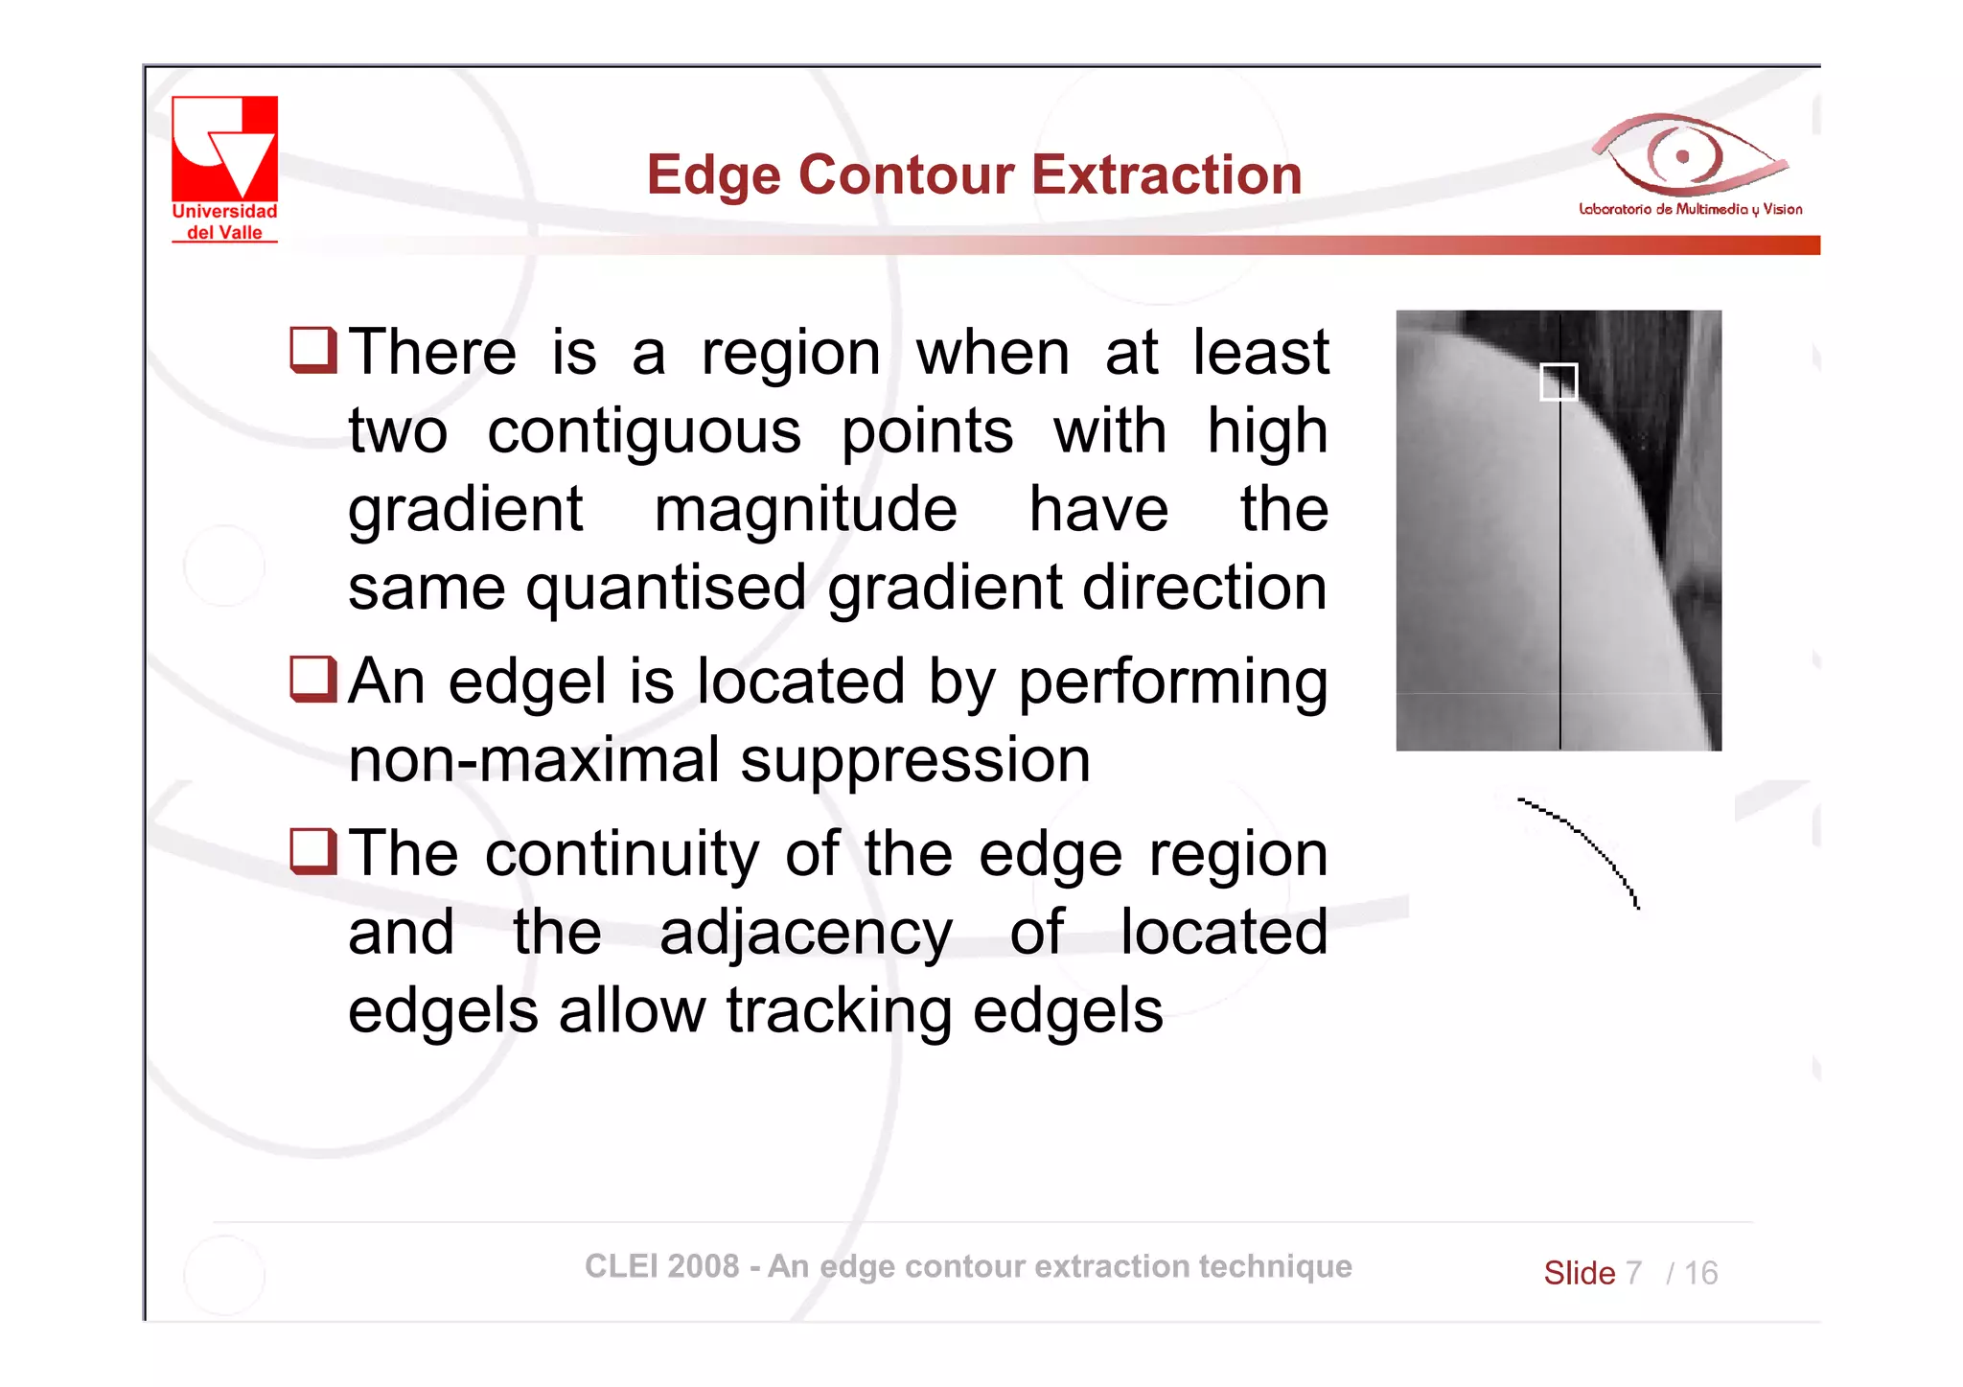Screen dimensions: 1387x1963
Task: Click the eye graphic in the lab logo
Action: pyautogui.click(x=1683, y=155)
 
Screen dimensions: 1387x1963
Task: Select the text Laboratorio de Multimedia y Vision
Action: pyautogui.click(x=1690, y=209)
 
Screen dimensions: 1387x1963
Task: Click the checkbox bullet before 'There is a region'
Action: pyautogui.click(x=313, y=350)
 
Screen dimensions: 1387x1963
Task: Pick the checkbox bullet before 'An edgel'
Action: pyautogui.click(x=313, y=680)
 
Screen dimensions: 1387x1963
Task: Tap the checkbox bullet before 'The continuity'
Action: pyautogui.click(x=313, y=852)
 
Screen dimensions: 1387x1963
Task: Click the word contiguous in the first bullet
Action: pyautogui.click(x=643, y=432)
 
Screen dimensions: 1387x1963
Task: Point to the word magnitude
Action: pyautogui.click(x=805, y=509)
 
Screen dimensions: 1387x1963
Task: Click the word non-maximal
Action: pyautogui.click(x=533, y=760)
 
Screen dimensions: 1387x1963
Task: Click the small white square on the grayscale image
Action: pyautogui.click(x=1558, y=381)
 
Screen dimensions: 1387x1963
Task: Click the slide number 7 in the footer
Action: pyautogui.click(x=1633, y=1273)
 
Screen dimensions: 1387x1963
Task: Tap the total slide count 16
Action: pyautogui.click(x=1700, y=1273)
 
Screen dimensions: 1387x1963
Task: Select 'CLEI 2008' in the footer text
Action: pyautogui.click(x=661, y=1266)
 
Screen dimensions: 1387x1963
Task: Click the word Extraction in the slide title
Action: pyautogui.click(x=1166, y=175)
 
